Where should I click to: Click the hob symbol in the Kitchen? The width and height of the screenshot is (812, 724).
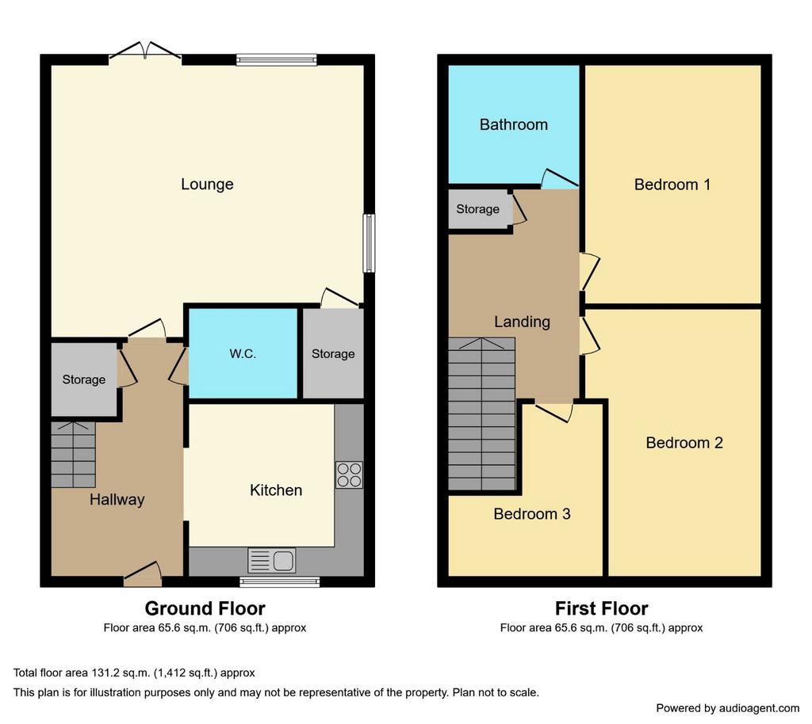click(x=350, y=475)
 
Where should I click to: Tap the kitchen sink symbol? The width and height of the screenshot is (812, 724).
click(x=272, y=561)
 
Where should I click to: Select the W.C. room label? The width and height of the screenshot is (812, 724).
click(x=243, y=354)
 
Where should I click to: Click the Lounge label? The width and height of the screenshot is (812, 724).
click(x=207, y=184)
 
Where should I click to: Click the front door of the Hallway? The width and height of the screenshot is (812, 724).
click(x=143, y=574)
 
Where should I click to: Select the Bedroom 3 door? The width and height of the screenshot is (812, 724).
click(x=554, y=412)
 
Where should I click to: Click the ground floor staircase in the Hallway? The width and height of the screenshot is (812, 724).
click(x=74, y=455)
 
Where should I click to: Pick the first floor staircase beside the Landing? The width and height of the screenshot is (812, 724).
click(x=481, y=413)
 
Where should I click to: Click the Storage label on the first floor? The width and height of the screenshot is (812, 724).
click(x=477, y=209)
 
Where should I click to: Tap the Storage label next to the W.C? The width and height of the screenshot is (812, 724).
click(x=333, y=354)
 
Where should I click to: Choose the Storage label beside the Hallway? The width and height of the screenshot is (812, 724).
click(x=84, y=380)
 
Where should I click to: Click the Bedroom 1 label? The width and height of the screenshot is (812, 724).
click(x=672, y=185)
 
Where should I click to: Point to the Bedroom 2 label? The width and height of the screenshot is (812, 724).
click(x=684, y=443)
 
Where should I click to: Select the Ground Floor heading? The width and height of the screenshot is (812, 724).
click(x=205, y=608)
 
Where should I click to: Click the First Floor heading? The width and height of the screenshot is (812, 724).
click(x=601, y=608)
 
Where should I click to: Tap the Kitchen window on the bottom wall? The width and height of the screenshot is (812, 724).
click(x=280, y=581)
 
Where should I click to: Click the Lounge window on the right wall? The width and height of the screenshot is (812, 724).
click(x=369, y=243)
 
